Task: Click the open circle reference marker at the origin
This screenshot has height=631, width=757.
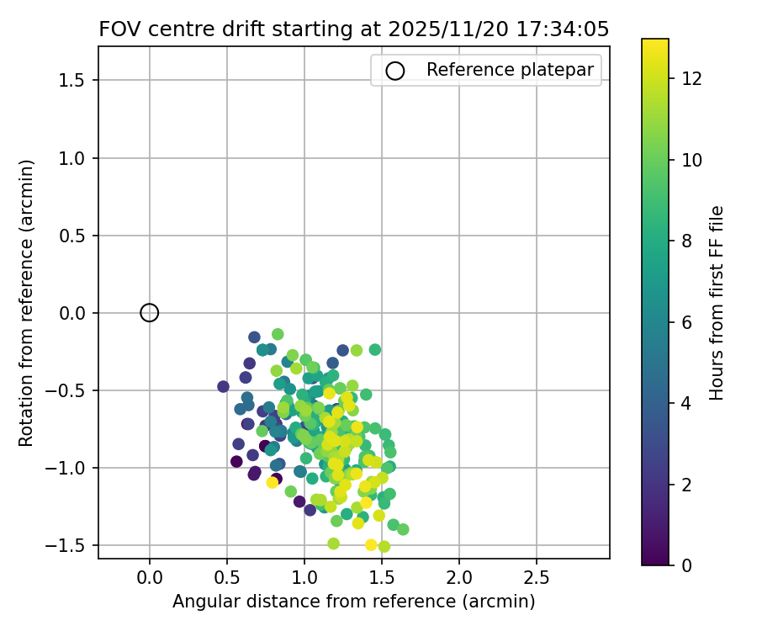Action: (150, 313)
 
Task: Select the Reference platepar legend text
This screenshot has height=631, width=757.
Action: (510, 70)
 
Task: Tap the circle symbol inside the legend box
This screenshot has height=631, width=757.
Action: (395, 71)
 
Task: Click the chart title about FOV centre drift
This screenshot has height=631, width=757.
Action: (353, 29)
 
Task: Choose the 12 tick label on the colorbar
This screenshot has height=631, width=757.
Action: (691, 79)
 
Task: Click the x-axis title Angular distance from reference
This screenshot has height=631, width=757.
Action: (353, 602)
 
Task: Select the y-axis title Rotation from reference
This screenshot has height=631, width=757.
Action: (26, 303)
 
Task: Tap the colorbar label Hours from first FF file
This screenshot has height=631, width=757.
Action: (717, 303)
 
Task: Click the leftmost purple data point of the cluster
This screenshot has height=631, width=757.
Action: (223, 387)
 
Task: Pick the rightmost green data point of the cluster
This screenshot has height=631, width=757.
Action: (403, 529)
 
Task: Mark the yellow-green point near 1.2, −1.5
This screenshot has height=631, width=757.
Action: (334, 544)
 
